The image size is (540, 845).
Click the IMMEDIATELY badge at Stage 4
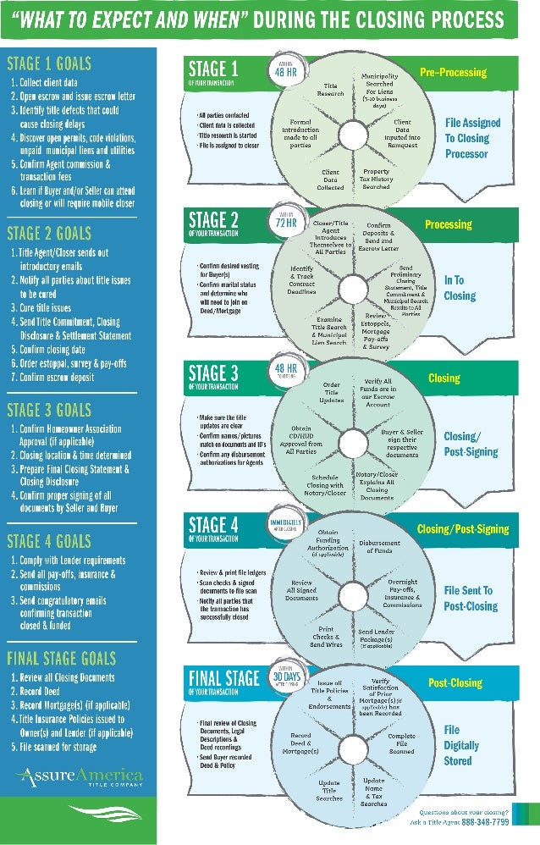click(285, 526)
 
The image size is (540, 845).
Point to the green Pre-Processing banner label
click(453, 73)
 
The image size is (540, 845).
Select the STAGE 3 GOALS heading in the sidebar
click(49, 411)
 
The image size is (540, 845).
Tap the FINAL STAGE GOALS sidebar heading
click(62, 658)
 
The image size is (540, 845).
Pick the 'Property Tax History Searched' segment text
click(377, 179)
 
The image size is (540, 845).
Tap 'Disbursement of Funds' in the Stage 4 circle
click(380, 546)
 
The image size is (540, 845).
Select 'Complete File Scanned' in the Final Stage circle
click(401, 743)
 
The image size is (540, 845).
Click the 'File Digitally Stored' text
click(461, 745)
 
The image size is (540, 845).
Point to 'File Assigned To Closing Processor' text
click(472, 138)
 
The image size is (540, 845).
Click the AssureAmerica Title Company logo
click(78, 777)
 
